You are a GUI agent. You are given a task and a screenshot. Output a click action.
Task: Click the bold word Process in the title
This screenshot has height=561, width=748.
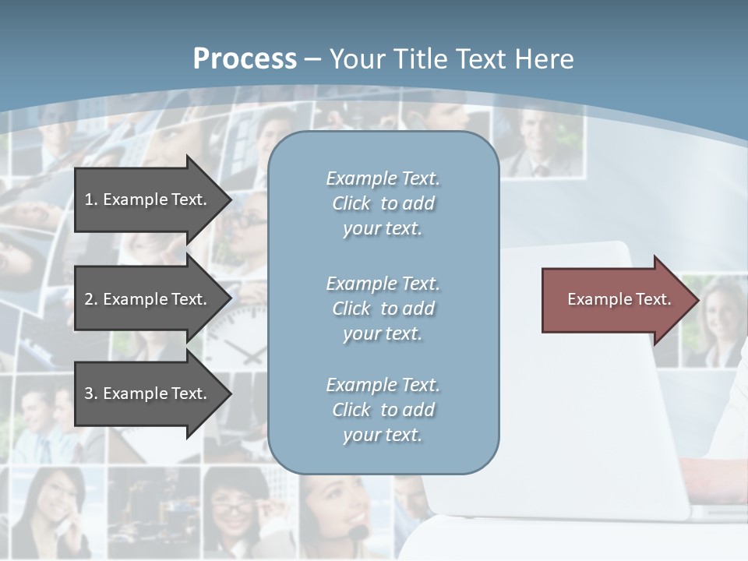point(245,59)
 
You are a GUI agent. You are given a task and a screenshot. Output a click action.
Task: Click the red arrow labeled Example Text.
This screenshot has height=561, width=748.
point(616,300)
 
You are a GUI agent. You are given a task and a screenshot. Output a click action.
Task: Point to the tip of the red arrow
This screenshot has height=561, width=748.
point(697,300)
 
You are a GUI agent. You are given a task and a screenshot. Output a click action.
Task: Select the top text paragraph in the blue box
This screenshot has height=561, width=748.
point(383,203)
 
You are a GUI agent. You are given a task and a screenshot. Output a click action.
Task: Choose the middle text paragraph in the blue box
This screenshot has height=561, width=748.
point(383,309)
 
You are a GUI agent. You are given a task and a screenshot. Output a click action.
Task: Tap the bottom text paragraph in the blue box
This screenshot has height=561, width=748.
point(383,410)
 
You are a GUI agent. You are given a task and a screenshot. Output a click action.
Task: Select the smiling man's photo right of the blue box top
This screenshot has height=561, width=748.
point(538,140)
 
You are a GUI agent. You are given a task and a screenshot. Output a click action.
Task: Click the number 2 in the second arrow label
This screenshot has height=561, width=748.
point(89,299)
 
